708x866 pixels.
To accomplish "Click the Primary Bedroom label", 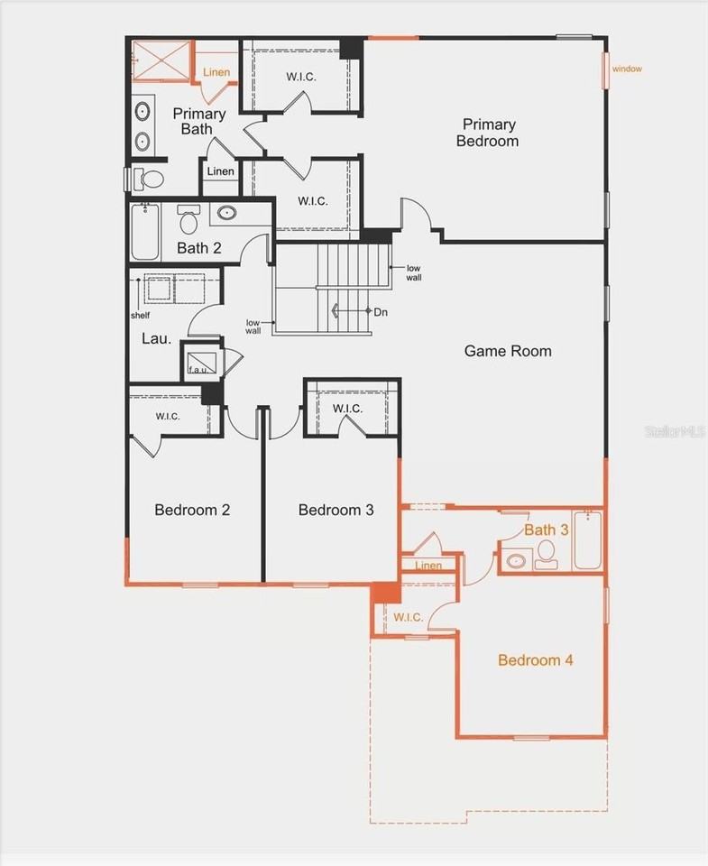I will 487,133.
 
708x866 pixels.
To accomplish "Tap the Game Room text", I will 508,351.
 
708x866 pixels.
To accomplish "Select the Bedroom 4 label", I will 536,660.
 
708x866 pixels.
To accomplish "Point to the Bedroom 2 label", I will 192,510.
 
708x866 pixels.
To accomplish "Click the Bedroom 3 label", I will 336,510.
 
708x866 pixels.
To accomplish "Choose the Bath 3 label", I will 547,530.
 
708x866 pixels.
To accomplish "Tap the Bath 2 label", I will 198,248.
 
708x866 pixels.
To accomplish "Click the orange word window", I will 627,69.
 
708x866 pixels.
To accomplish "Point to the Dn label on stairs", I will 381,311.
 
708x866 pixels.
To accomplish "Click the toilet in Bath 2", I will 188,220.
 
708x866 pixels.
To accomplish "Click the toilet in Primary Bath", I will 150,179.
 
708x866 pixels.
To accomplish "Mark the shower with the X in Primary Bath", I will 162,61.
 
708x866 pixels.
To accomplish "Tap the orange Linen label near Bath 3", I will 429,566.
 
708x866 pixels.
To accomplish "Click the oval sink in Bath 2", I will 226,215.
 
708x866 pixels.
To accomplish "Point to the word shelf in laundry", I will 140,315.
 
